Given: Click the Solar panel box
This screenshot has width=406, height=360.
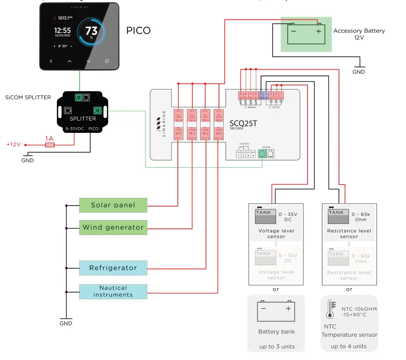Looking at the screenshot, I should (113, 205).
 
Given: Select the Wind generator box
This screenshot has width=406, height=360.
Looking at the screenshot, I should (113, 227).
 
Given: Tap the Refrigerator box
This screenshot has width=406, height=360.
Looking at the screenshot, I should (113, 268).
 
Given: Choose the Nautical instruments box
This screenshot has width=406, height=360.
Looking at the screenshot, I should (113, 292).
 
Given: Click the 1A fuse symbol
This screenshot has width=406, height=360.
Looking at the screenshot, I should (50, 144).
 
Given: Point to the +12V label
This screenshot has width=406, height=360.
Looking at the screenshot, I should (13, 144).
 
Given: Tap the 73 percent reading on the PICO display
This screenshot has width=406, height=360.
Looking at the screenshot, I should (92, 31).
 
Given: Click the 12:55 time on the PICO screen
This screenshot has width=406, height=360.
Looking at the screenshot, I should (63, 30).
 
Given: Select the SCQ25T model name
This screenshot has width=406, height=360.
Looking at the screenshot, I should (243, 124).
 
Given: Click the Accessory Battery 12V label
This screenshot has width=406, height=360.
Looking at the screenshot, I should (359, 34).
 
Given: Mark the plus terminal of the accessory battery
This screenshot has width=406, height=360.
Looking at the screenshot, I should (318, 31).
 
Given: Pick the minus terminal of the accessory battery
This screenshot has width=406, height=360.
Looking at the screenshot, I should (293, 31).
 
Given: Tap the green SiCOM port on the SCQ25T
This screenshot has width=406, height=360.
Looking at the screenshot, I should (262, 154).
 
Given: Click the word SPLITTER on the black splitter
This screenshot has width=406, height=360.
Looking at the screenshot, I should (83, 119).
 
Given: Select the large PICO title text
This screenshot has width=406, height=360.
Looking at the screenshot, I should (138, 31).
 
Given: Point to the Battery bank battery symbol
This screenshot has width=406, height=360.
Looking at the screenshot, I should (276, 311).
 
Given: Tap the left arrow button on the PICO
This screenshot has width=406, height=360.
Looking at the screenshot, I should (51, 61).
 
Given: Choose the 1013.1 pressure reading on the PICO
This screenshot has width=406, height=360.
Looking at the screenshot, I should (65, 18).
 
